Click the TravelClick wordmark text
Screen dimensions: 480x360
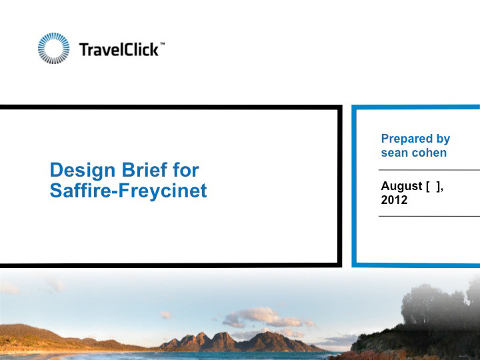119,49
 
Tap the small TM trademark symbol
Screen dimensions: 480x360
162,44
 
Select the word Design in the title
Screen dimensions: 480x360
83,171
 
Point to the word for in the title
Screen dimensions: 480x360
186,169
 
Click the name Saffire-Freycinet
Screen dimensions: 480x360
128,191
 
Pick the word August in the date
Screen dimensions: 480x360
401,187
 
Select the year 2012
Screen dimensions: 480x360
394,200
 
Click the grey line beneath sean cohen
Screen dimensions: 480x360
429,169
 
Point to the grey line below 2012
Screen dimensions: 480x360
429,216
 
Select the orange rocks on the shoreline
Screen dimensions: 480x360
367,355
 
